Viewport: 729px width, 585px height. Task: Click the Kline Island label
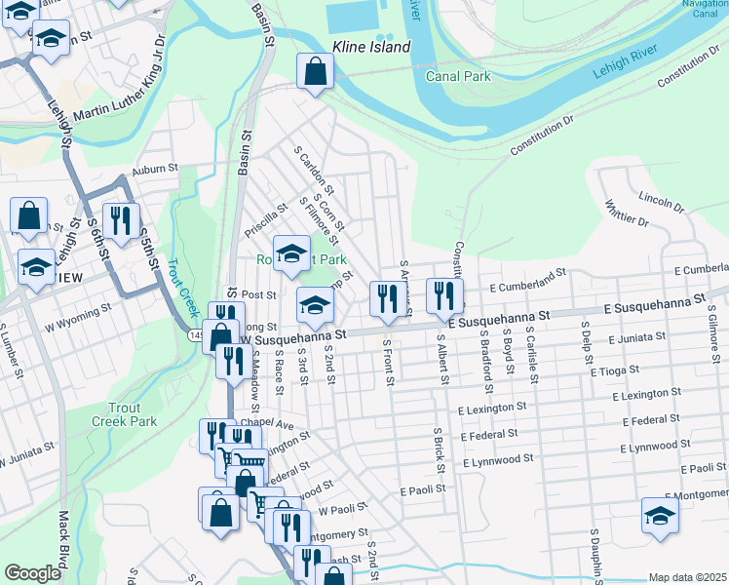370,46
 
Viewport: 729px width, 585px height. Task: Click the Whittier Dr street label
626,214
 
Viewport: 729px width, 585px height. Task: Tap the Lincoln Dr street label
663,202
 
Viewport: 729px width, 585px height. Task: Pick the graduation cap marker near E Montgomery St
660,517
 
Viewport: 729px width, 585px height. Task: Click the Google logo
31,573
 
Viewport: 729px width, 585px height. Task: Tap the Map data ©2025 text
686,577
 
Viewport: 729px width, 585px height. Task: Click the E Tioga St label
614,371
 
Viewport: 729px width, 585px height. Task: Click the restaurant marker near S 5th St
121,221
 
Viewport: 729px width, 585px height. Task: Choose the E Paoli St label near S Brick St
422,488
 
